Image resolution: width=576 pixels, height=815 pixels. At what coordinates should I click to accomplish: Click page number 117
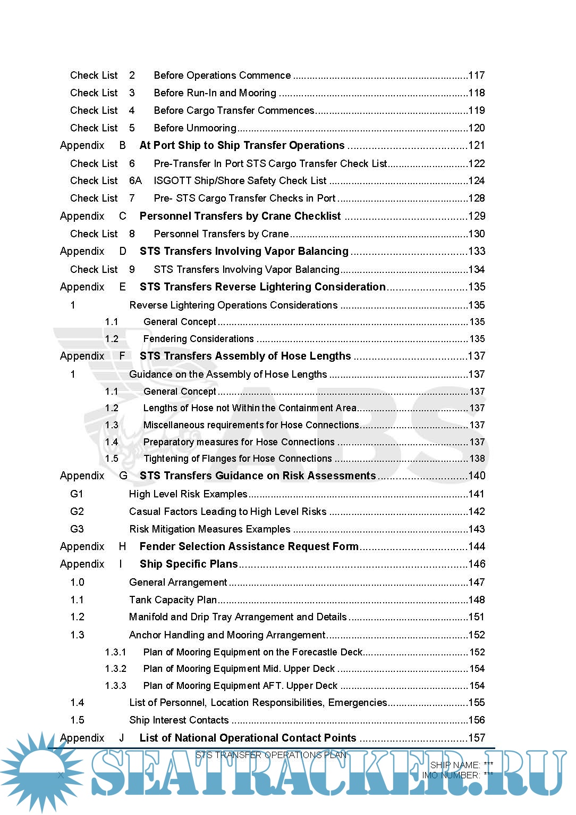click(x=476, y=76)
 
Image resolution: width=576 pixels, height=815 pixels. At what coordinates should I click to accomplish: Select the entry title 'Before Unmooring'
click(x=194, y=128)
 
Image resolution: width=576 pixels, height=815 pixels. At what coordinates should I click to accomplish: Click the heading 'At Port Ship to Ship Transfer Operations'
click(x=242, y=146)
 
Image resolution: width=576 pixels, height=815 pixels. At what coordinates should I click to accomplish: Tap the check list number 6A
click(x=135, y=181)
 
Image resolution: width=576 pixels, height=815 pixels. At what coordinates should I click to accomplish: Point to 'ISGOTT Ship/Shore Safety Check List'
click(x=240, y=181)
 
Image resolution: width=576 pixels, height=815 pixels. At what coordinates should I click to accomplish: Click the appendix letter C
click(x=123, y=216)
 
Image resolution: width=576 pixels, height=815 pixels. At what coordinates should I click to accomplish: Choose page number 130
click(x=476, y=234)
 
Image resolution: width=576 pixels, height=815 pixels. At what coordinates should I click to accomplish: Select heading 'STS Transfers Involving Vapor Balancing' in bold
click(x=244, y=252)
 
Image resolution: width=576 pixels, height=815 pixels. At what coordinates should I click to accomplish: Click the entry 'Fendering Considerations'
click(x=198, y=339)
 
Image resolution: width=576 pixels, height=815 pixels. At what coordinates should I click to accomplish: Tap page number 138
click(x=477, y=459)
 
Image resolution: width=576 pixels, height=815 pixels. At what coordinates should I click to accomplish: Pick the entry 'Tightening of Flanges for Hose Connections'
click(x=237, y=459)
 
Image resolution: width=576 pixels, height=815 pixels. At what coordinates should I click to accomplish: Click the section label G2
click(x=77, y=512)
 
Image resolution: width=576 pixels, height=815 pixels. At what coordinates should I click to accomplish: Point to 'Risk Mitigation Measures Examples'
click(x=209, y=529)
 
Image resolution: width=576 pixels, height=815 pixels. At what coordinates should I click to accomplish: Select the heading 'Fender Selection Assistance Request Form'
click(x=249, y=547)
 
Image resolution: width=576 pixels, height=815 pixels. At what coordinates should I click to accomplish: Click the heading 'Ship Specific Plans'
click(x=189, y=564)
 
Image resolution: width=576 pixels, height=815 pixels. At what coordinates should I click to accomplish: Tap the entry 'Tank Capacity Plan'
click(x=173, y=600)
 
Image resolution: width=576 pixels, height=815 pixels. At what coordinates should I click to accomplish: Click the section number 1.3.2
click(x=115, y=669)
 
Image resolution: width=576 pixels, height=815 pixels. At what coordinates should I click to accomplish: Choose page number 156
click(x=476, y=720)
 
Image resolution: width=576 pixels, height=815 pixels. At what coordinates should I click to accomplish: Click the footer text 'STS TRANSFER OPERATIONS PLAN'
click(x=271, y=755)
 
